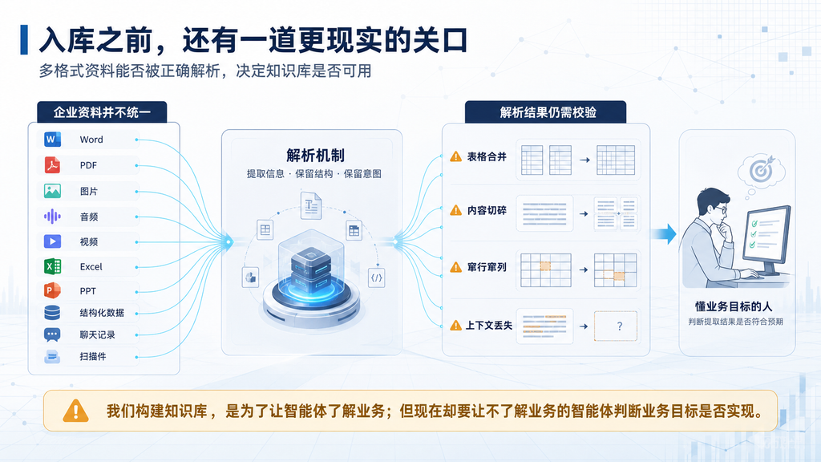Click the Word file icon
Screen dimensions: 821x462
(52, 140)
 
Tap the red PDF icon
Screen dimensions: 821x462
(52, 165)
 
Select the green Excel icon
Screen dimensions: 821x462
(52, 266)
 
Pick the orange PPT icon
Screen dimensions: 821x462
(52, 290)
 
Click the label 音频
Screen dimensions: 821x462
(89, 217)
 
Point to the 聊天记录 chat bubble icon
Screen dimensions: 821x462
(52, 334)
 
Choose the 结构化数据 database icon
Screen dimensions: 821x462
(52, 313)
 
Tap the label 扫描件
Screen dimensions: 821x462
(93, 357)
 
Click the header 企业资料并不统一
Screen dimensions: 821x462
(102, 112)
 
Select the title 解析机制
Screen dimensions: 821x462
(315, 155)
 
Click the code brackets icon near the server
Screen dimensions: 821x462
(377, 278)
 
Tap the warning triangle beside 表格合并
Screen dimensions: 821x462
(456, 156)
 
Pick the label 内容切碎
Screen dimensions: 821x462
(487, 211)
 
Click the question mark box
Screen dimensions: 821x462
(616, 326)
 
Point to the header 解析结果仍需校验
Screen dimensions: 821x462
(548, 112)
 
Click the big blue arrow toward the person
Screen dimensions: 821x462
(663, 233)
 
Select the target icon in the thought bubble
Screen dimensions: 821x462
(761, 168)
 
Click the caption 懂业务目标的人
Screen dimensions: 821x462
(734, 306)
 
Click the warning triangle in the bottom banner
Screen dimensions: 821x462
(76, 411)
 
